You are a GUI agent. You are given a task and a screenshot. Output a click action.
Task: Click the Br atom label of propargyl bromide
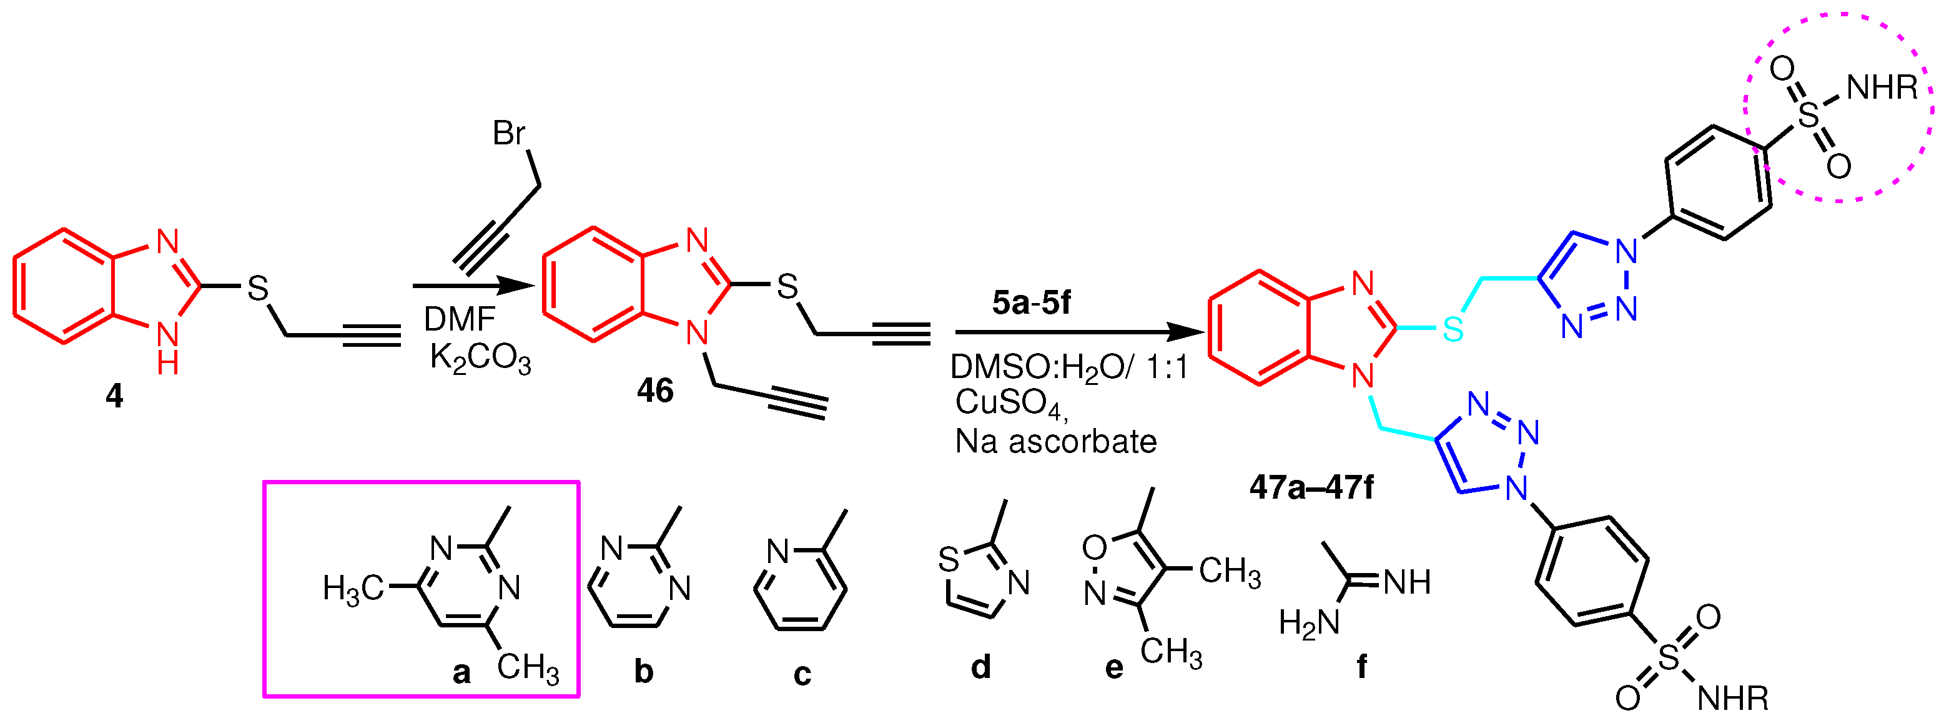click(509, 134)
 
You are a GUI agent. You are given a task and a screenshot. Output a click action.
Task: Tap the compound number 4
click(114, 396)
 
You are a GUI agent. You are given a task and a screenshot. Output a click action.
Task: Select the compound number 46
click(654, 391)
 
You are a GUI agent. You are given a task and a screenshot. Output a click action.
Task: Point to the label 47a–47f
click(1311, 487)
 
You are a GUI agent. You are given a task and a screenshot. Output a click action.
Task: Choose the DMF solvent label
click(459, 319)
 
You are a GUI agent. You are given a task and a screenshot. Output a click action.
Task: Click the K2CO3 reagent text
click(480, 357)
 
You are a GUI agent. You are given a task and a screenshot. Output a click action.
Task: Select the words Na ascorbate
click(1056, 442)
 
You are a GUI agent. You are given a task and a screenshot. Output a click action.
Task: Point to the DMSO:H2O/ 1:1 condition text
click(1068, 368)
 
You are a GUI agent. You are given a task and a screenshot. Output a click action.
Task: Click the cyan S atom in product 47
click(1453, 329)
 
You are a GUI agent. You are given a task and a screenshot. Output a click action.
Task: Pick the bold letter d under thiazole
click(981, 667)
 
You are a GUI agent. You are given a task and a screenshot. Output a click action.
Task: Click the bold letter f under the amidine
click(1361, 667)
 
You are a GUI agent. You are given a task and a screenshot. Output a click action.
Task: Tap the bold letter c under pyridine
click(802, 674)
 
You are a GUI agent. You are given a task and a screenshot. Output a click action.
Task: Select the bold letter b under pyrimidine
click(643, 671)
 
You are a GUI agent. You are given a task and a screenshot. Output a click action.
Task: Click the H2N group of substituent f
click(1308, 623)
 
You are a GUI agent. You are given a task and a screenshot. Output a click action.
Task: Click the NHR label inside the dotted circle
click(1882, 88)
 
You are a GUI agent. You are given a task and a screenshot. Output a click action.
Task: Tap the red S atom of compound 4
click(258, 287)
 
